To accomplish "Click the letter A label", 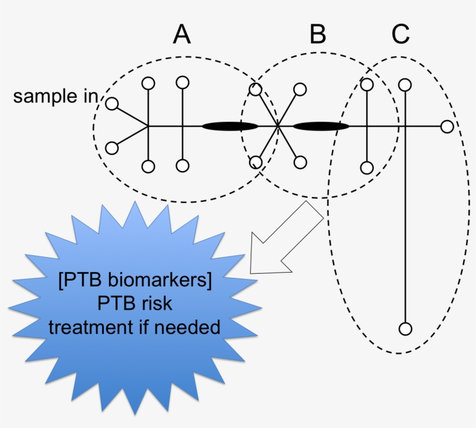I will (x=182, y=35).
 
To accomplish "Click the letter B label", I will (x=318, y=35).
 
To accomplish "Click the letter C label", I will (x=400, y=35).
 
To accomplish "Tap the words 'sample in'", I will (x=56, y=96).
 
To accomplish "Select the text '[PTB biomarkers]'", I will (x=135, y=282).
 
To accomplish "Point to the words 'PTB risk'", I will (x=135, y=304).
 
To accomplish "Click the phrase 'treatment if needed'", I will (x=135, y=327).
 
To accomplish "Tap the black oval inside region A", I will (x=229, y=126).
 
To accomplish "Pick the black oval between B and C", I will (x=320, y=126).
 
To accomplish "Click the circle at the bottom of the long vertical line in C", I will (x=405, y=329).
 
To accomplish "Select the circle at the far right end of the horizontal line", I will (x=446, y=126).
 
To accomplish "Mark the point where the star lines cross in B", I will (x=277, y=126).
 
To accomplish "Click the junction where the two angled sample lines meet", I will (x=148, y=126).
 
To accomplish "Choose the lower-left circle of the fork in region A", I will (x=111, y=148).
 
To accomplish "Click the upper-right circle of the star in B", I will (x=300, y=89).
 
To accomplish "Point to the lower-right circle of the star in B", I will (x=300, y=162).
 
